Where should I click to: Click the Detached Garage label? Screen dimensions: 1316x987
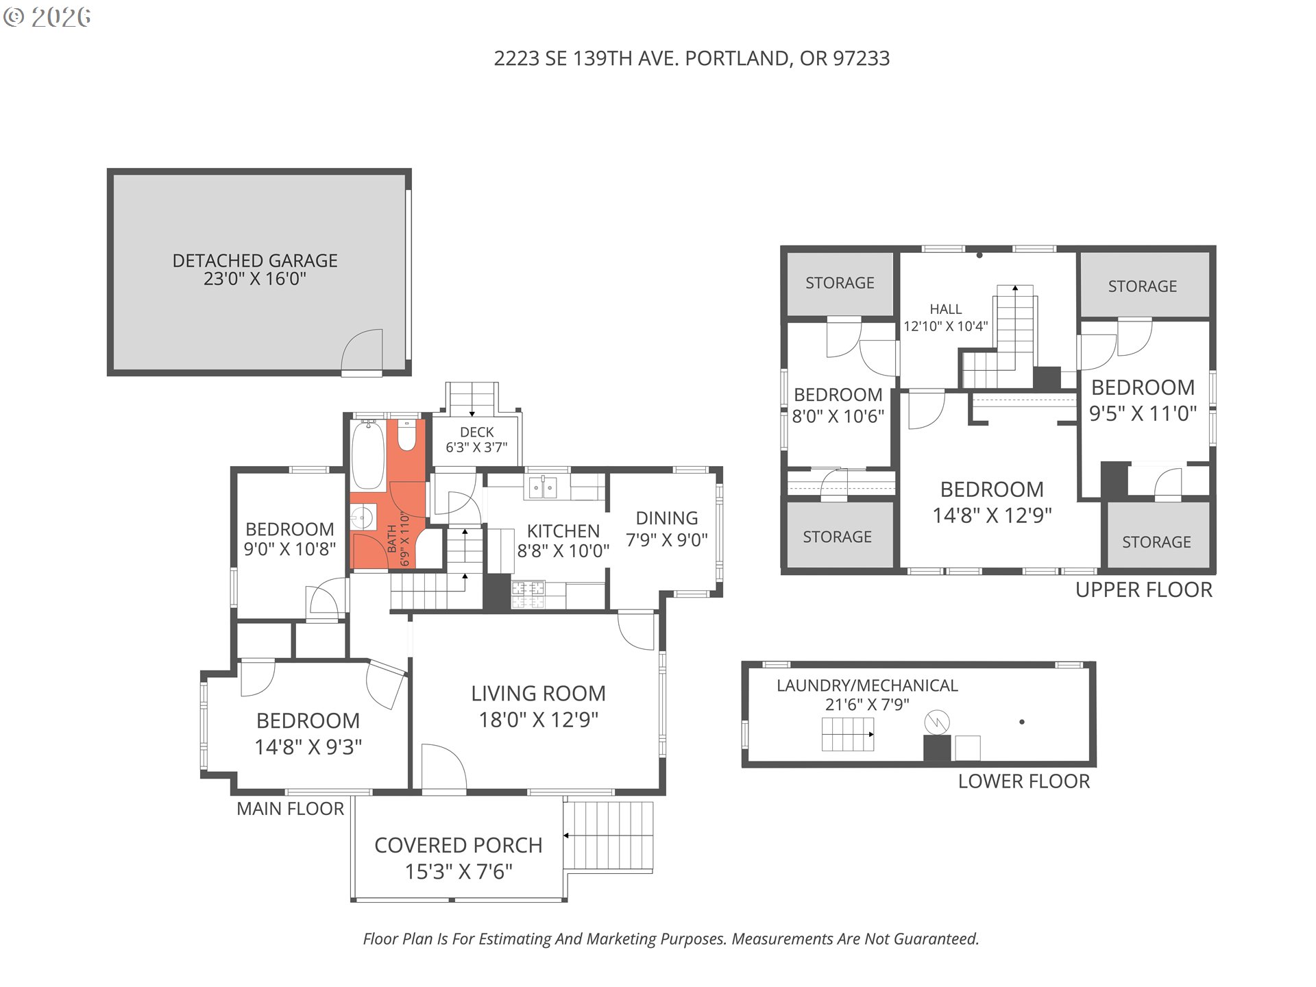(255, 269)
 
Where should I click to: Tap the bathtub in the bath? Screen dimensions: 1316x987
(369, 455)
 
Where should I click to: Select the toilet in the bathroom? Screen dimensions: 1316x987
(407, 437)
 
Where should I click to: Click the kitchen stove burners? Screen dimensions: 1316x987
(528, 594)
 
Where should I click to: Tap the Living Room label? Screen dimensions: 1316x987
(538, 706)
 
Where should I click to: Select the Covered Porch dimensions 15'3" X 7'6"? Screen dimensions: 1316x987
(459, 872)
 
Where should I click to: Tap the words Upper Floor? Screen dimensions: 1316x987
(1143, 589)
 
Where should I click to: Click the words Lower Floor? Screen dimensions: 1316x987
(1023, 781)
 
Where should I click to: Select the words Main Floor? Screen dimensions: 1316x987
(290, 809)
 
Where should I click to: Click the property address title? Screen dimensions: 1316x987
(692, 58)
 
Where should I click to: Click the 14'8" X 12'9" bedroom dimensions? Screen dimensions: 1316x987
(992, 515)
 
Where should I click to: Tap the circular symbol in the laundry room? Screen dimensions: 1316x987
(936, 722)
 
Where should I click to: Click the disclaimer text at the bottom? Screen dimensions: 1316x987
(671, 939)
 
